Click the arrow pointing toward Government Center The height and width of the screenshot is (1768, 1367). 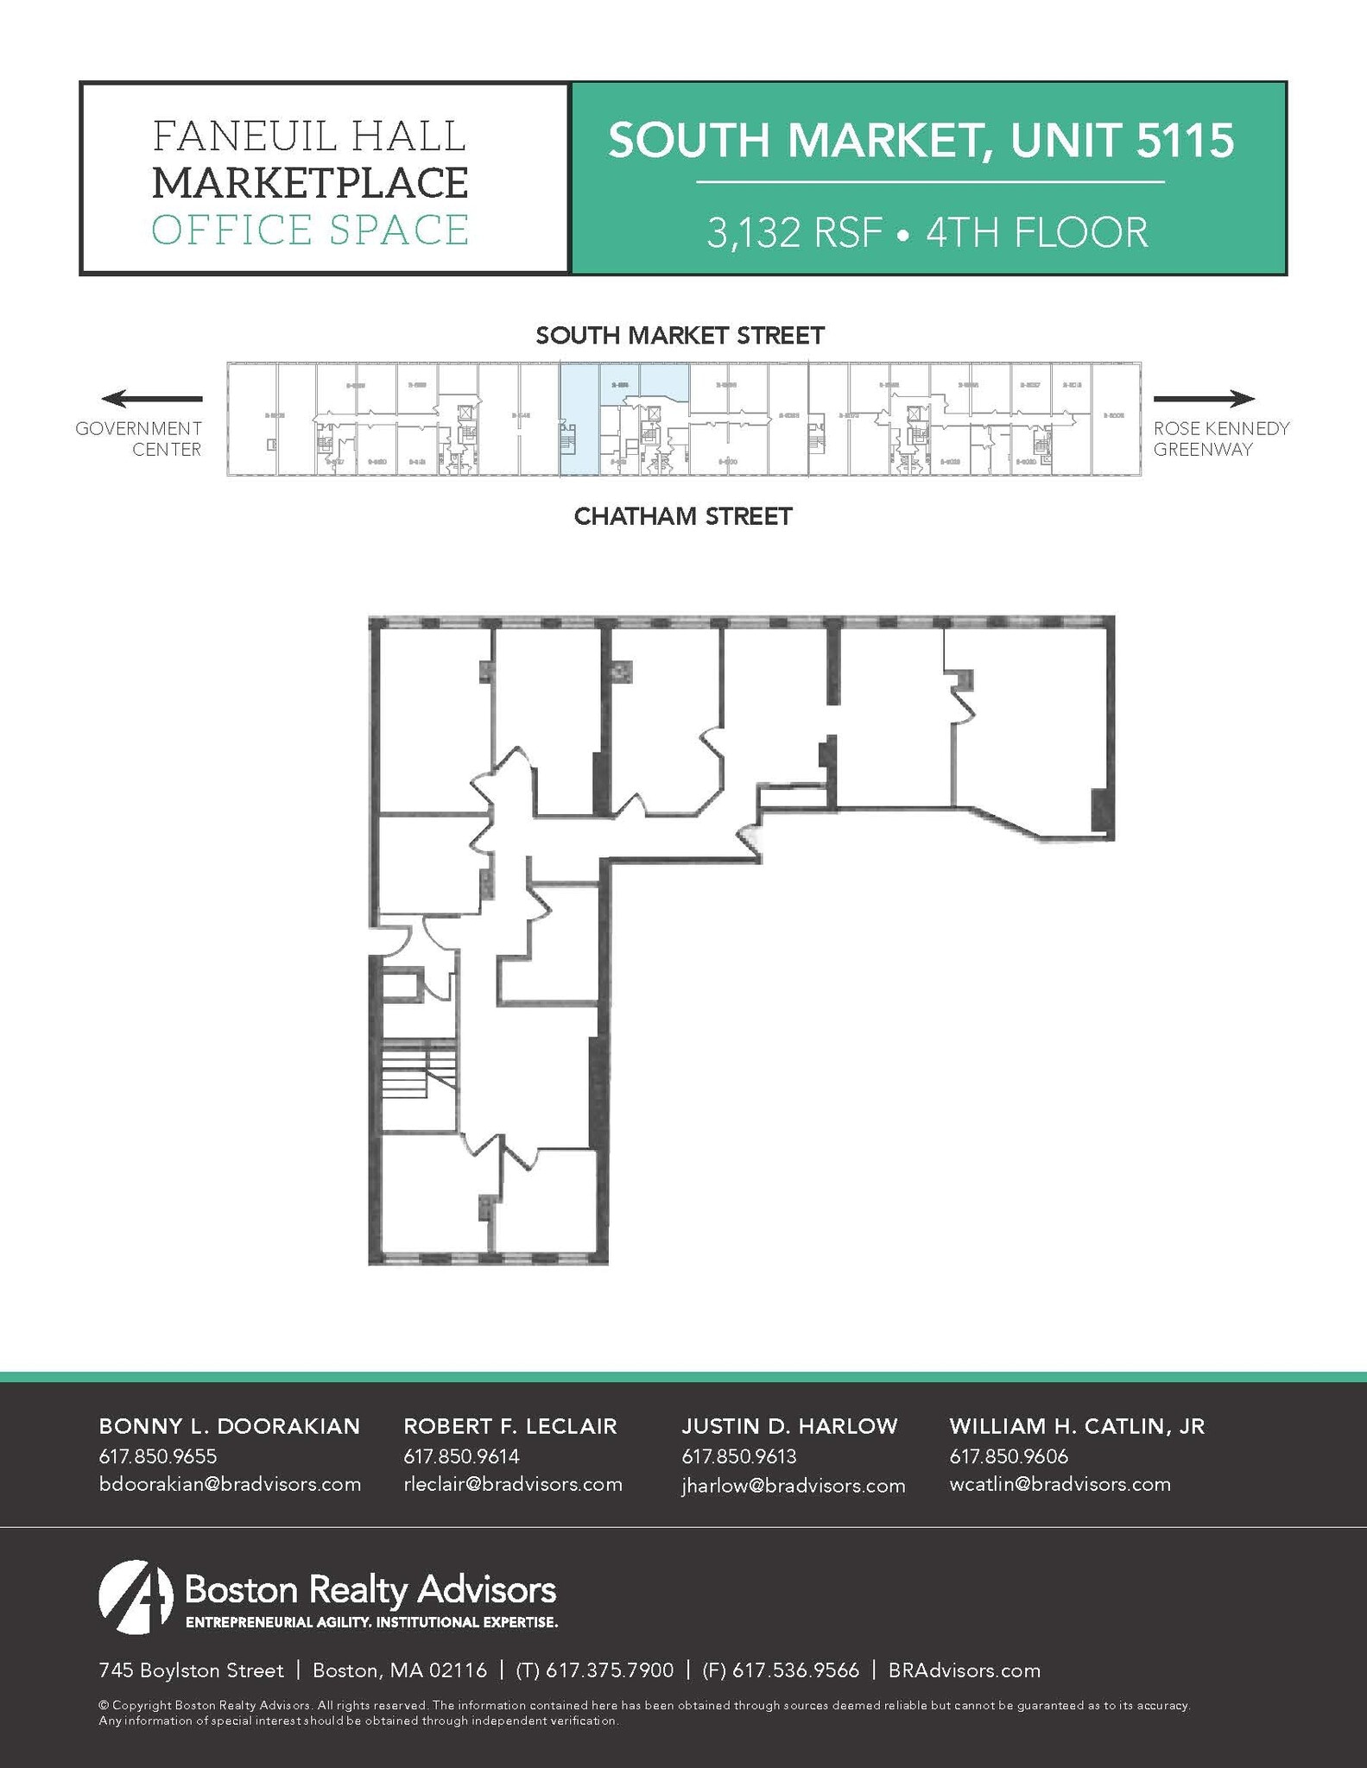pos(152,399)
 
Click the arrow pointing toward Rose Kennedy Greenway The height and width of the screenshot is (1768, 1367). pos(1204,399)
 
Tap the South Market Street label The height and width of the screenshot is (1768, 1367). pos(680,335)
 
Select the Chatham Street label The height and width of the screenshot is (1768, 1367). pos(683,516)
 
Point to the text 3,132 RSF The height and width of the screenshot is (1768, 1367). pos(794,233)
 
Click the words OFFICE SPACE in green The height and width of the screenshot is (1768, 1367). pos(310,230)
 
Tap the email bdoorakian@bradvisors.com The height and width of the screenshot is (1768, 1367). pos(230,1484)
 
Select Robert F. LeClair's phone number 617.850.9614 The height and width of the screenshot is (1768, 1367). pos(461,1456)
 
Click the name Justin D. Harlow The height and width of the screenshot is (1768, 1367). pos(789,1426)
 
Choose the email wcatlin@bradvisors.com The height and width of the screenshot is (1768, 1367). pos(1060,1484)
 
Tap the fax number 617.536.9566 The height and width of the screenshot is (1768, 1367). pos(782,1670)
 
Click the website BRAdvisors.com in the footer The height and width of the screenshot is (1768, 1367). pos(964,1670)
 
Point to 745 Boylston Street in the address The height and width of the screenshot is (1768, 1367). pos(191,1670)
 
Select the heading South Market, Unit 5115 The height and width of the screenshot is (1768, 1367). pos(921,140)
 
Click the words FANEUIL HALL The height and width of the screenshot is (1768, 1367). pos(310,136)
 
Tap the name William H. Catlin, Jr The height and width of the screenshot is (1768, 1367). pos(1076,1426)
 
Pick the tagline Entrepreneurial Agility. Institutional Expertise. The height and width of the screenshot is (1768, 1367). pos(371,1622)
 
